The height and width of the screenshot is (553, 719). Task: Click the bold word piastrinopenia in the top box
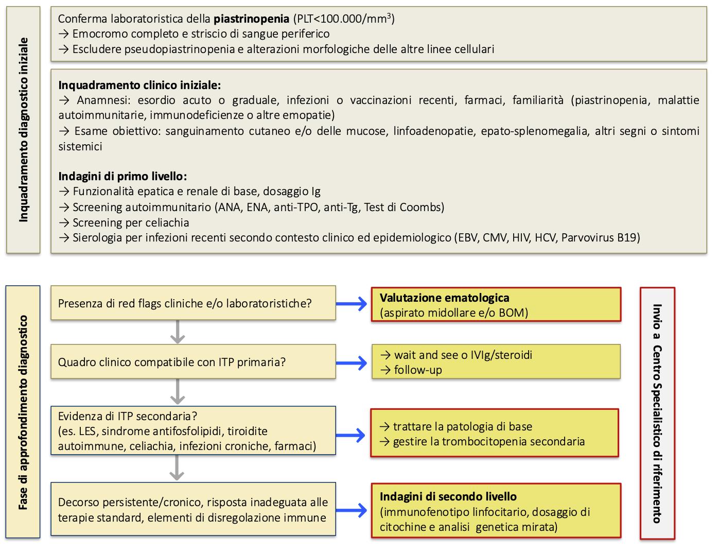(x=251, y=19)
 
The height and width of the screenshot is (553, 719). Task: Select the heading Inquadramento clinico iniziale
(x=139, y=85)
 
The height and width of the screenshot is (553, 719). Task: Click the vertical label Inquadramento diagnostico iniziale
(x=23, y=129)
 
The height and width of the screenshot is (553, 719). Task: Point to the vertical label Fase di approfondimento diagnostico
(x=23, y=412)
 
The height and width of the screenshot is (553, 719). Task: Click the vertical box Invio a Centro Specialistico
(x=657, y=413)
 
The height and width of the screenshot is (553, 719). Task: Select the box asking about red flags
(x=193, y=303)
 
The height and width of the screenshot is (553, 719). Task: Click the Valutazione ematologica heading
(x=444, y=298)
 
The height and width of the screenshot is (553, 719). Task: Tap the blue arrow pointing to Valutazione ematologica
(x=353, y=304)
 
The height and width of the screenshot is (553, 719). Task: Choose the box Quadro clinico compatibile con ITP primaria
(x=193, y=362)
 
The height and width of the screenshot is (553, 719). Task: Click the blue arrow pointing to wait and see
(x=353, y=362)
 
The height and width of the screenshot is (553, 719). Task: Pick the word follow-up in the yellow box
(x=417, y=370)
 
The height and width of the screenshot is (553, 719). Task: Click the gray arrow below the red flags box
(x=177, y=332)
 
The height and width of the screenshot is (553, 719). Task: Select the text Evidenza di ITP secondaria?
(x=128, y=416)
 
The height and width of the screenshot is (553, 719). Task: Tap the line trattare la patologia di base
(x=462, y=426)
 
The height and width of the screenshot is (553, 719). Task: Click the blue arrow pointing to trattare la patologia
(x=353, y=435)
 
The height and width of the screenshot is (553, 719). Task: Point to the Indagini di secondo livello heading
(x=448, y=497)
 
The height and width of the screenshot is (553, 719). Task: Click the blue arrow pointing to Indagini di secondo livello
(x=353, y=511)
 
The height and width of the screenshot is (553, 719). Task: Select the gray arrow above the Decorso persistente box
(x=177, y=468)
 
